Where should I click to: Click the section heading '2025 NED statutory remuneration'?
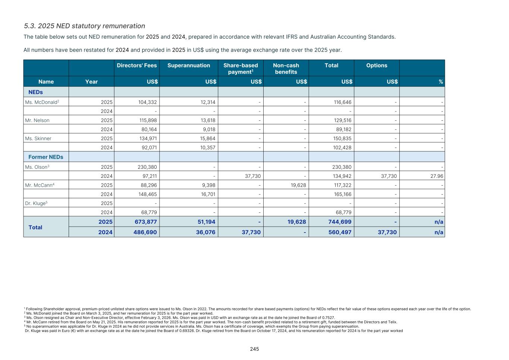point(84,26)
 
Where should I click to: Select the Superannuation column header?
point(189,66)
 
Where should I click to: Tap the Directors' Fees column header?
point(137,66)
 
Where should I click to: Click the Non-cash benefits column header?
point(286,69)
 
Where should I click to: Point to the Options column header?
point(377,66)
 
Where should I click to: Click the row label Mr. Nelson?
point(37,120)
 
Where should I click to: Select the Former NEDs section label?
point(46,157)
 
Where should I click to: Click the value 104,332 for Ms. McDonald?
point(147,102)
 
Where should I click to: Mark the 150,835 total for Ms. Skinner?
point(342,139)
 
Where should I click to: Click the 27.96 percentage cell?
point(437,176)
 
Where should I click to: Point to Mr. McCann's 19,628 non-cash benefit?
point(298,185)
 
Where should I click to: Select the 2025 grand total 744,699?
point(339,222)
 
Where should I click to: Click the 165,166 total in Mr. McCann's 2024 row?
point(342,194)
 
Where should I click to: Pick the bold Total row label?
point(35,227)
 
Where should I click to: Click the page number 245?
point(254,349)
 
